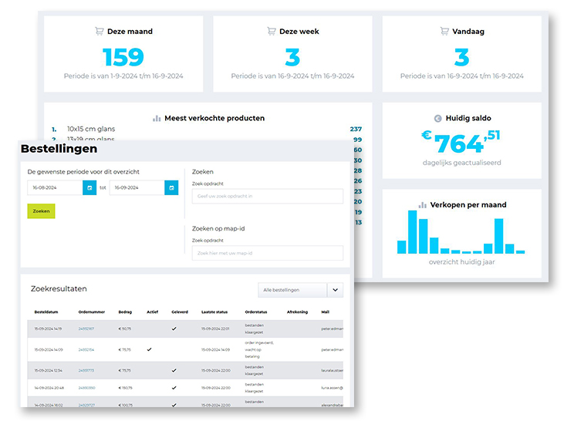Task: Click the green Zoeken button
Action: tap(41, 211)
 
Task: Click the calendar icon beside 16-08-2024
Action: tap(89, 187)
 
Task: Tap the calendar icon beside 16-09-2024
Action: tap(171, 187)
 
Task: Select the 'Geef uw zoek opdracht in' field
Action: tap(267, 197)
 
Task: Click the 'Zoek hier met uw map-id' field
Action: tap(267, 253)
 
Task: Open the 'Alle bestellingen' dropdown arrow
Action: tap(335, 290)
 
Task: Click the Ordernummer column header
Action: tap(91, 312)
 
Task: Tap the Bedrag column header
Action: tap(125, 312)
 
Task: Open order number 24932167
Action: tap(86, 328)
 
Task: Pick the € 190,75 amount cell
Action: tap(126, 388)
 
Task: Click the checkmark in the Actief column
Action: tap(149, 349)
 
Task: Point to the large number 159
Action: tap(123, 57)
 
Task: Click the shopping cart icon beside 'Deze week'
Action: tap(271, 32)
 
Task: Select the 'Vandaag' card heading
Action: tap(468, 32)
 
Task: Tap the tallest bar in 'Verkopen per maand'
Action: tap(412, 231)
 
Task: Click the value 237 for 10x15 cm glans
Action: tap(356, 130)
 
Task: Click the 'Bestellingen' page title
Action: tap(59, 149)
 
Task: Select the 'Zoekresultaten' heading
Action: tap(59, 288)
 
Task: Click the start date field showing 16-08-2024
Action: tap(54, 187)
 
